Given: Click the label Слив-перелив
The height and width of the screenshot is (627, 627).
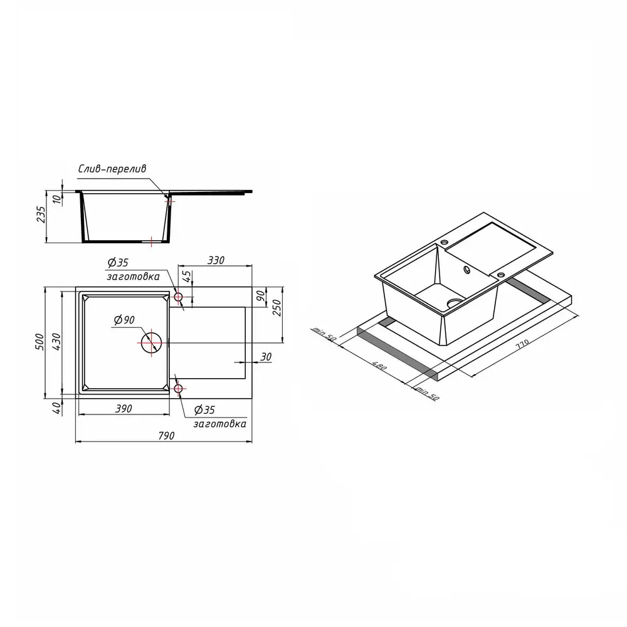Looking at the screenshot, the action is click(112, 169).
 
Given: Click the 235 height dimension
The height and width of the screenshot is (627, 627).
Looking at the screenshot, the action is click(41, 214).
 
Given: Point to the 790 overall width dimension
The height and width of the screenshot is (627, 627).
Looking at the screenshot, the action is click(166, 436).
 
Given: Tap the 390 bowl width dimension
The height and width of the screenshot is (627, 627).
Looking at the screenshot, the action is click(124, 409).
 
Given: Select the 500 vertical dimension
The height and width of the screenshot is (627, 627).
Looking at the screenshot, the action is click(40, 342).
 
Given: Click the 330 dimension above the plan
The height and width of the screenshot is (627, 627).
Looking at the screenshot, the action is click(216, 260).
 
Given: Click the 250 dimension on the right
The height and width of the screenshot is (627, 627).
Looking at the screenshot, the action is click(277, 307).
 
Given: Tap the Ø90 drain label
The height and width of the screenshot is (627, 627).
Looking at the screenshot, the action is click(124, 320).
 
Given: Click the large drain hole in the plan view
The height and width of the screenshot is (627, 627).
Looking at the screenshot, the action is click(152, 343).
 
